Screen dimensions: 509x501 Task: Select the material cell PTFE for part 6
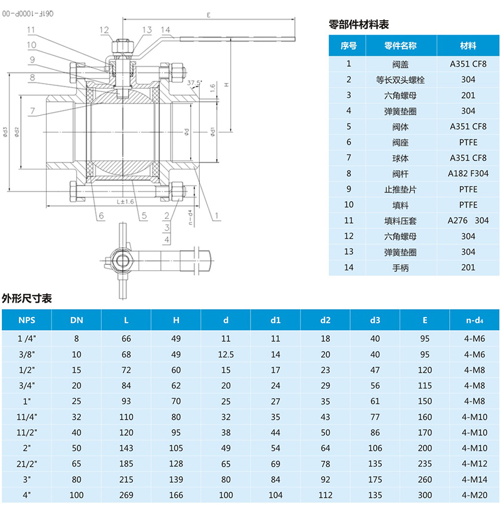(468, 142)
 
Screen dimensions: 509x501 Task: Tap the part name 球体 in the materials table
(400, 158)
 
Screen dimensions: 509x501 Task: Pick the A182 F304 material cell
(468, 174)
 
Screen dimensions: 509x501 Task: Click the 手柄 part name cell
(400, 267)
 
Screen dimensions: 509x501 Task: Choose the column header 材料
(468, 46)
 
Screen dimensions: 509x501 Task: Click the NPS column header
(27, 320)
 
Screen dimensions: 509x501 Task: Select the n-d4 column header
(475, 320)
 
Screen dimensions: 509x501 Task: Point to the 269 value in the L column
(126, 494)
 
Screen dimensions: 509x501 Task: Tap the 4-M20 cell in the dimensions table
(475, 494)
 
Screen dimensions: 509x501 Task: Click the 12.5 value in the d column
(226, 354)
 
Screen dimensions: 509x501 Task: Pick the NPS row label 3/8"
(27, 354)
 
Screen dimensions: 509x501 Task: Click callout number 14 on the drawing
(165, 30)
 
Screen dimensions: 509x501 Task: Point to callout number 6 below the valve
(101, 215)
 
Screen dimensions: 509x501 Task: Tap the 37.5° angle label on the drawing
(194, 82)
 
